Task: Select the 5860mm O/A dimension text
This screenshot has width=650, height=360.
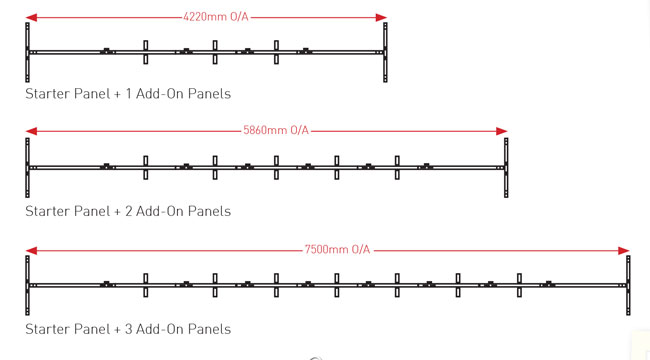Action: [275, 131]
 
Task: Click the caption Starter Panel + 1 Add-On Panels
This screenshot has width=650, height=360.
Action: [127, 93]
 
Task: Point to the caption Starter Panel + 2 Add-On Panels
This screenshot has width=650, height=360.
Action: [127, 211]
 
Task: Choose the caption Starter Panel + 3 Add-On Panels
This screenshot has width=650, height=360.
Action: [127, 329]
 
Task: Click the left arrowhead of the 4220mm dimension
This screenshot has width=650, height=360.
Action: [32, 17]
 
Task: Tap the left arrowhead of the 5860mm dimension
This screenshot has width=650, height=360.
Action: [32, 131]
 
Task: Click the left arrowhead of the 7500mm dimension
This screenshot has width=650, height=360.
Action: [32, 250]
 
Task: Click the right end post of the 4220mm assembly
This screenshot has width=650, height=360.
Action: [386, 52]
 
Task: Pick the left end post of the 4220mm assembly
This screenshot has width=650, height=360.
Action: [27, 52]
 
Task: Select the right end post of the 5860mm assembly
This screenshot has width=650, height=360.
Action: [507, 167]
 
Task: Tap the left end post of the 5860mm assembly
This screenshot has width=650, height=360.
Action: [27, 167]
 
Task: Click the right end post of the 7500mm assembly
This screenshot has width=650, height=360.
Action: [628, 285]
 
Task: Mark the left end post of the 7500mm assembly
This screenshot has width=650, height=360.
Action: [27, 285]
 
